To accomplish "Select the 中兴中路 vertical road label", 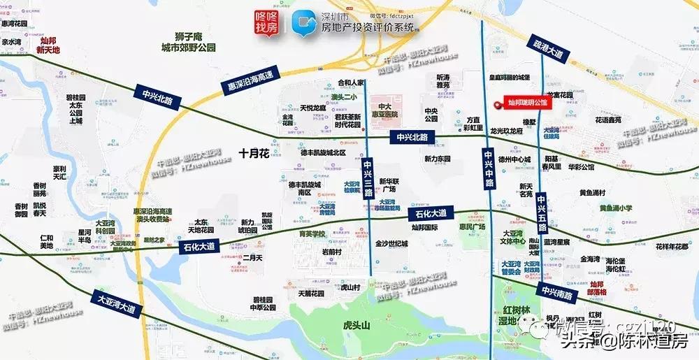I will pyautogui.click(x=488, y=167).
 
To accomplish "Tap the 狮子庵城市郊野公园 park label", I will pyautogui.click(x=189, y=43).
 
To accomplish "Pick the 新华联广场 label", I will pyautogui.click(x=387, y=185).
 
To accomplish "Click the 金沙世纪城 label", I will pyautogui.click(x=391, y=243).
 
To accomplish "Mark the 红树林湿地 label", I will pyautogui.click(x=509, y=315).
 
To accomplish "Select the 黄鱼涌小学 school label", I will pyautogui.click(x=615, y=208).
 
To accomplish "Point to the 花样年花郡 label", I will pyautogui.click(x=672, y=246).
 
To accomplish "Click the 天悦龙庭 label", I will pyautogui.click(x=312, y=108).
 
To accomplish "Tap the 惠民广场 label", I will pyautogui.click(x=472, y=226).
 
